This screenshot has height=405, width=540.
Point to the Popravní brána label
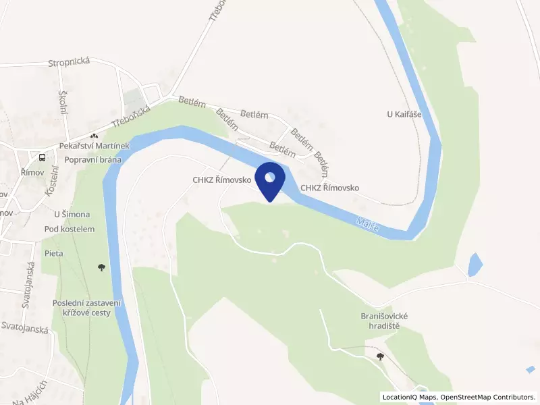[93, 160]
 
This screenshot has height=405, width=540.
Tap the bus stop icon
[43, 157]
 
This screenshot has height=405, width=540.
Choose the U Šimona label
[72, 215]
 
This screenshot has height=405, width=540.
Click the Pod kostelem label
[70, 229]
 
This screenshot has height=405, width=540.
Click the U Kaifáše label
[404, 114]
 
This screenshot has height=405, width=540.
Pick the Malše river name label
[368, 225]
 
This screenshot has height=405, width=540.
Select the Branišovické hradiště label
[385, 321]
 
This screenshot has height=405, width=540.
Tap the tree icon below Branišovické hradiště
[381, 356]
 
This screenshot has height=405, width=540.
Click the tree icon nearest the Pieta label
[101, 267]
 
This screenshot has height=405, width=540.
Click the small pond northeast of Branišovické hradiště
[475, 264]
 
